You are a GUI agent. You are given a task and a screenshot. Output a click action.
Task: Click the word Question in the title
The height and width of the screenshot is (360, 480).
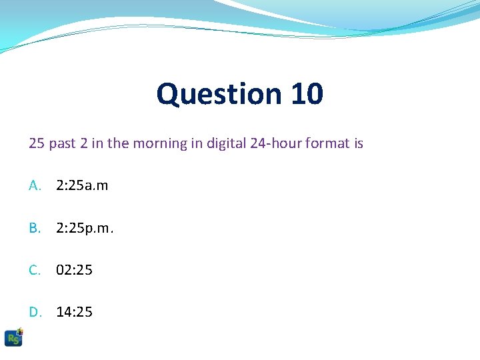click(x=219, y=94)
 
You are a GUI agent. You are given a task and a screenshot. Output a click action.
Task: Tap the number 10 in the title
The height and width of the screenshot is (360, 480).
click(x=307, y=94)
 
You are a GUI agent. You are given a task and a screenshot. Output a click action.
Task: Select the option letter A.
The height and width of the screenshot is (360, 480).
click(x=35, y=186)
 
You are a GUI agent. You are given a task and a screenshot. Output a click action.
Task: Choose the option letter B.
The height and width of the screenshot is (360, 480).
click(x=35, y=229)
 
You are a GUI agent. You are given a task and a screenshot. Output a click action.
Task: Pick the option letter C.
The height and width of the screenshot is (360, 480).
click(x=35, y=270)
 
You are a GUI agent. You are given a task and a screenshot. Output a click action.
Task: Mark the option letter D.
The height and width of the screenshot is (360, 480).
click(x=35, y=311)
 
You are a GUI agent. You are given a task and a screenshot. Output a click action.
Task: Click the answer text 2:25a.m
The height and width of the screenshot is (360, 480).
click(x=82, y=186)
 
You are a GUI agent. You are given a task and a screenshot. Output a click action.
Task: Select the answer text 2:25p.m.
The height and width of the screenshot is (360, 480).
click(x=85, y=229)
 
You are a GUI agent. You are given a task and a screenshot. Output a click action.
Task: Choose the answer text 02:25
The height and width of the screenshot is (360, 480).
click(x=75, y=270)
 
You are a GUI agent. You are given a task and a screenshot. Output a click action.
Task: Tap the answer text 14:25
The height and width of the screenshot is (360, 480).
click(x=75, y=311)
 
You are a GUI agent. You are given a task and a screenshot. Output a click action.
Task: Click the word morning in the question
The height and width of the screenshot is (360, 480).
click(x=160, y=143)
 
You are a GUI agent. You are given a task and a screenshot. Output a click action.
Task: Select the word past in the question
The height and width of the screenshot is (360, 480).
click(x=62, y=143)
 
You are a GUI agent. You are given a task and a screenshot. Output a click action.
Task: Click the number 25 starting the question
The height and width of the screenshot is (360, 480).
click(x=37, y=143)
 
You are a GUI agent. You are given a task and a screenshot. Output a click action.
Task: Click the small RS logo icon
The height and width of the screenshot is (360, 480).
click(x=13, y=337)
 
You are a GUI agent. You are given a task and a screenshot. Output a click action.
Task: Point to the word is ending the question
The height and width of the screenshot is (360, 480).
click(x=359, y=143)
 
